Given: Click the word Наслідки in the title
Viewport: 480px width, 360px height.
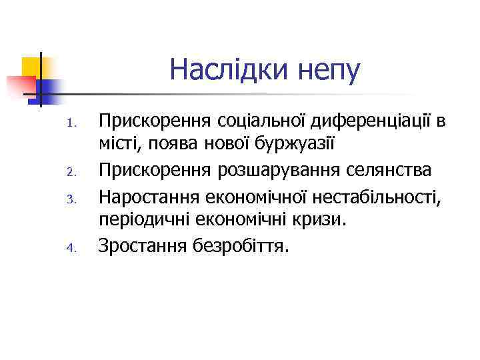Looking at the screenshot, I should [x=227, y=69].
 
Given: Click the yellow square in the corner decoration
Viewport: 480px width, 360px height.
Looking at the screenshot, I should [x=31, y=67].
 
